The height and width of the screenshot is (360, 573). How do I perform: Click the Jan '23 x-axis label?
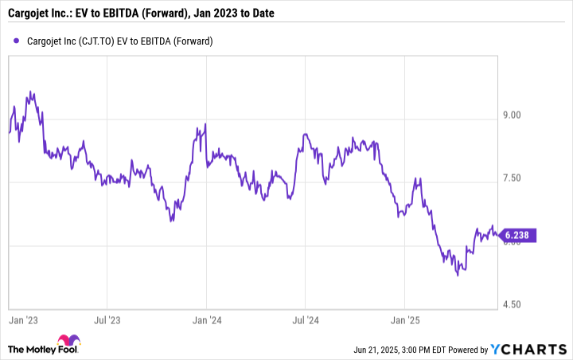coord(20,320)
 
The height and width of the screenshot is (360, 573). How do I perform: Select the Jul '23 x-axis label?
coord(107,320)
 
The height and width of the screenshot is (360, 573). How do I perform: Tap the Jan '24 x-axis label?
coord(206,320)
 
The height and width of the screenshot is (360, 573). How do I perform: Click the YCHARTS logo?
coord(533,350)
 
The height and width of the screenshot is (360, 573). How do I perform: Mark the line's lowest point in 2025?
coord(458,275)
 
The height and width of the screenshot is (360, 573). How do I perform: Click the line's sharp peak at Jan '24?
coord(205,124)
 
